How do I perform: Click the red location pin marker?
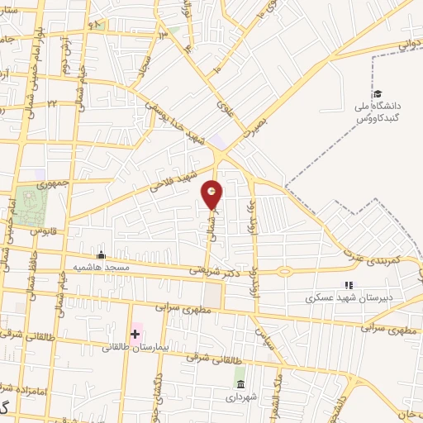(x=213, y=195)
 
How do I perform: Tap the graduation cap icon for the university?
(x=378, y=94)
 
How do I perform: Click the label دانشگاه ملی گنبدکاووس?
(x=378, y=112)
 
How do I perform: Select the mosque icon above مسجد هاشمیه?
(x=102, y=254)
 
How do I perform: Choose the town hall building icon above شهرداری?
(x=240, y=386)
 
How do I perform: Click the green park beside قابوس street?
(x=32, y=207)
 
